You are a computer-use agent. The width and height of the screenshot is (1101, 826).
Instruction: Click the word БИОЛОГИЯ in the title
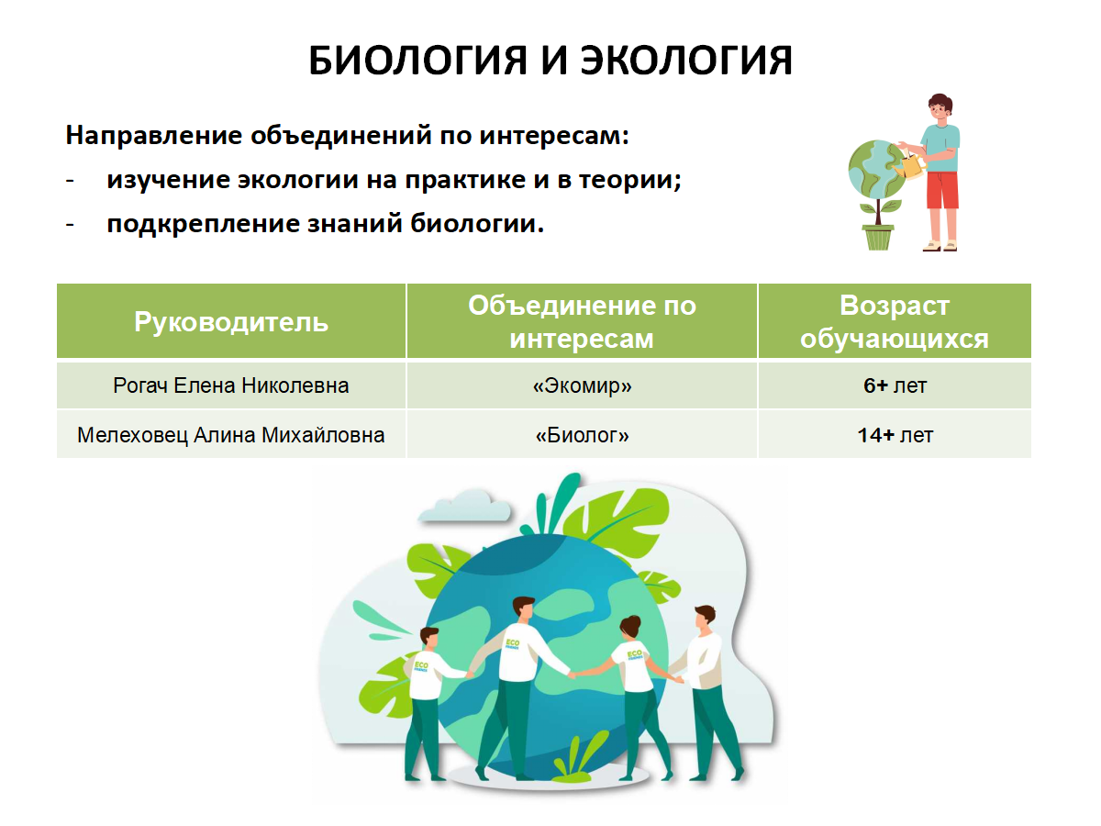(x=417, y=61)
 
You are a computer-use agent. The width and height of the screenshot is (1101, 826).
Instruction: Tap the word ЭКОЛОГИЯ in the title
(x=685, y=61)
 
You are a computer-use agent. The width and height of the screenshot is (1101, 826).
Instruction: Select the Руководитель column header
(x=230, y=321)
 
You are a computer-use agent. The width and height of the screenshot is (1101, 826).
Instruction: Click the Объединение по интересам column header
(x=582, y=321)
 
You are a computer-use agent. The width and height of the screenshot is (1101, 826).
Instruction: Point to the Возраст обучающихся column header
(x=895, y=321)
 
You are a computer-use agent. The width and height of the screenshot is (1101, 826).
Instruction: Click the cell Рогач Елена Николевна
(x=230, y=385)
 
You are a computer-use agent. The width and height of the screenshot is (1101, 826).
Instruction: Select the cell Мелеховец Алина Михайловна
(x=230, y=435)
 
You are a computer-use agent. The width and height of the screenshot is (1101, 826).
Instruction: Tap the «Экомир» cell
(x=582, y=385)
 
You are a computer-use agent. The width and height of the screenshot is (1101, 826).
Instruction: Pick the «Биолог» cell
(x=582, y=435)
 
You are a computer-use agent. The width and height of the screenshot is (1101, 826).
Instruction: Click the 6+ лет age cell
(x=895, y=385)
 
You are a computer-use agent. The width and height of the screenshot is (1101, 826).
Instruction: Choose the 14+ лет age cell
(x=895, y=435)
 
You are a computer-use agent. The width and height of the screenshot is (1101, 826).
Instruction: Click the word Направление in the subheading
(x=153, y=137)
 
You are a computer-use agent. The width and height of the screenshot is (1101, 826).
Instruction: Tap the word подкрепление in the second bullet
(x=203, y=224)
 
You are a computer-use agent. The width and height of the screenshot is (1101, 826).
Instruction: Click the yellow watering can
(x=909, y=166)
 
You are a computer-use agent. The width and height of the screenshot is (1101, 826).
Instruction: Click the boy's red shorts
(x=942, y=190)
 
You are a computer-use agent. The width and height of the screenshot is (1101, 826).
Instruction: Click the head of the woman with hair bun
(x=631, y=629)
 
